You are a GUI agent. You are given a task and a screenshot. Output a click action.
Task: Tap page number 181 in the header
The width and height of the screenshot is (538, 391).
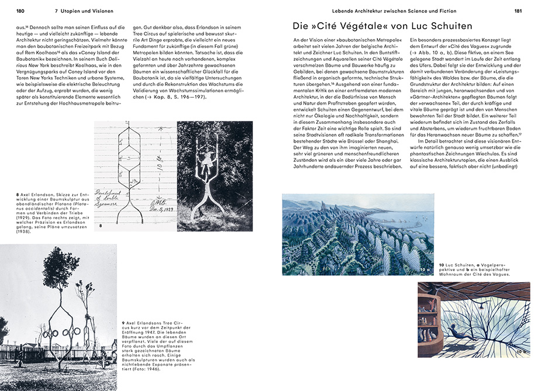(518, 11)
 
